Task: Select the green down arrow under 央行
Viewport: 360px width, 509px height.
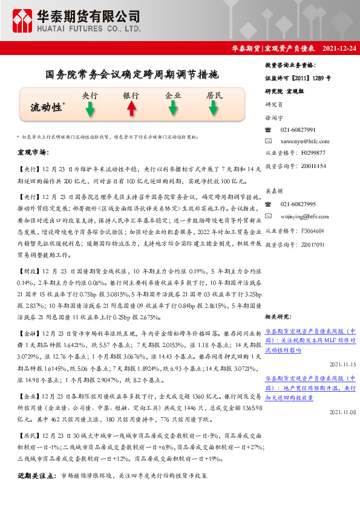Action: coord(90,109)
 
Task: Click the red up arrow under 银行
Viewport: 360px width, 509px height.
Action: coord(131,109)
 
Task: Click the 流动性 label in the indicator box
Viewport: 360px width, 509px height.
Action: coord(46,108)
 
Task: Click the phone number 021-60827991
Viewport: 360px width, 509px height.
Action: coord(298,130)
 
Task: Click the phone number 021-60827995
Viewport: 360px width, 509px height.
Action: coord(298,205)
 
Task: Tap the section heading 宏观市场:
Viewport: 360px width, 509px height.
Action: coord(34,152)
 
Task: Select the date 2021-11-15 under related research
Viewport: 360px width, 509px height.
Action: coord(343,366)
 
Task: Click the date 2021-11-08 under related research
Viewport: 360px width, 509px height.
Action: coord(343,412)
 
